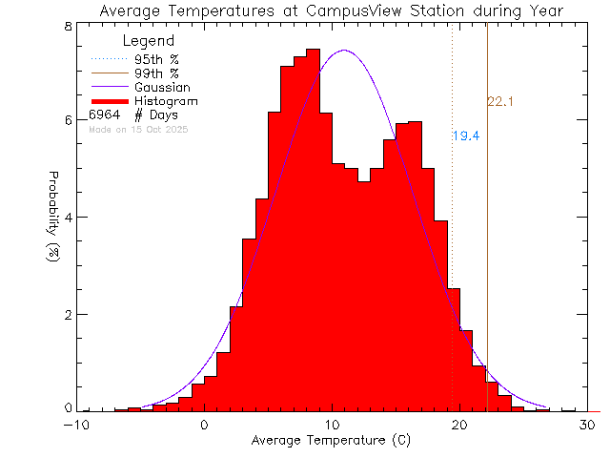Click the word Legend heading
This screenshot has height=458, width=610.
pos(150,41)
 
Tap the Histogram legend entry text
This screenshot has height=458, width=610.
pos(166,101)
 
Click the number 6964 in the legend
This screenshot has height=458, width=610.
pos(105,115)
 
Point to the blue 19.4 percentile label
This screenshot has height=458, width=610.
pos(466,136)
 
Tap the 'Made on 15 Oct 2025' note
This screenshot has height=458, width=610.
pos(139,129)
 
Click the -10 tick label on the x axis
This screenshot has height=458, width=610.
pos(77,426)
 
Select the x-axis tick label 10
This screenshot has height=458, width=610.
pos(331,426)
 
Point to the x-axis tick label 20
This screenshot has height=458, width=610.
pos(458,426)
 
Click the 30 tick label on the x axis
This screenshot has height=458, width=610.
pos(586,426)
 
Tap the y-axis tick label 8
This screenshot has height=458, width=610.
pos(69,26)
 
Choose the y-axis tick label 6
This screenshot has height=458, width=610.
pos(69,120)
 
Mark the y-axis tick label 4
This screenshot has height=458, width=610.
pos(69,217)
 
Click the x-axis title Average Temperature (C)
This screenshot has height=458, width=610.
pos(331,442)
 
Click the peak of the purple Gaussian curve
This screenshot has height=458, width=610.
pos(344,51)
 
